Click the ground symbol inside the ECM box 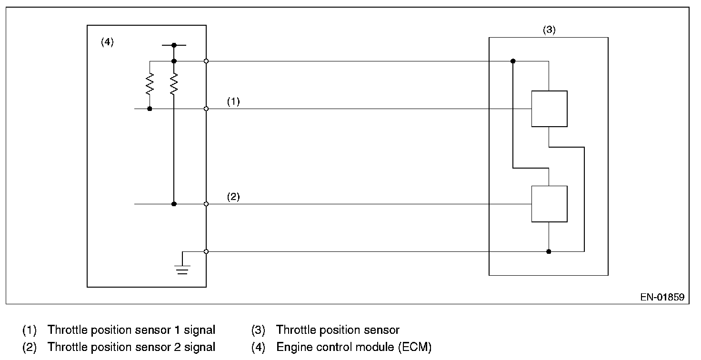click(x=182, y=269)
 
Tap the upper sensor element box click(x=549, y=109)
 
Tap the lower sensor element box click(x=549, y=204)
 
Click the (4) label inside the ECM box click(x=107, y=42)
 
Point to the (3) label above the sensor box click(x=549, y=30)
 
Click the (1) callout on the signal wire click(x=233, y=101)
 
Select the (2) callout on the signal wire click(x=233, y=197)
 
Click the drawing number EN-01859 click(x=662, y=298)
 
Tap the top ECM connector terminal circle click(x=206, y=61)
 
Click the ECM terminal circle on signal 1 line click(x=206, y=109)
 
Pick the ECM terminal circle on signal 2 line click(x=206, y=204)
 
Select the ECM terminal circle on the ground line click(x=206, y=251)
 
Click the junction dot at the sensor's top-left click(x=513, y=61)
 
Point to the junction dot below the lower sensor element click(x=549, y=251)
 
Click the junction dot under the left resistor click(x=150, y=109)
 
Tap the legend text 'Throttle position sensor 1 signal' click(x=131, y=330)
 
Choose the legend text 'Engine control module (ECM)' click(x=354, y=347)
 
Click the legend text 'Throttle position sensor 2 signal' click(x=131, y=347)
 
